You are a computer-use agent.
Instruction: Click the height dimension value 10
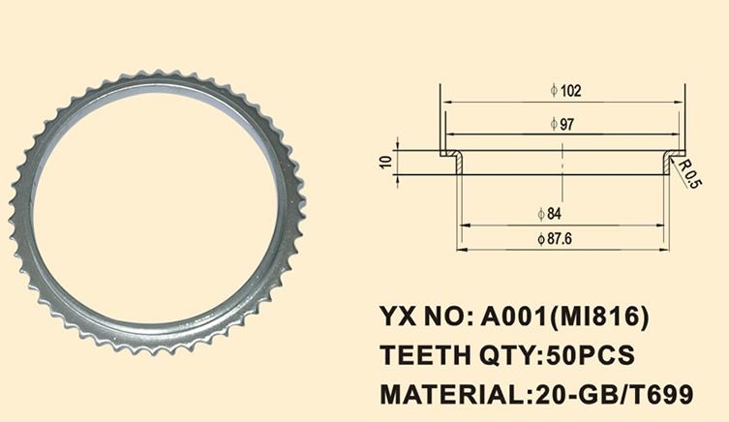(385, 162)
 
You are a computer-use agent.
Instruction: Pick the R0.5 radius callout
(689, 175)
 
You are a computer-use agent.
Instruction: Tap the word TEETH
(420, 355)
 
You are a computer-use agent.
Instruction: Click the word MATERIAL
(448, 394)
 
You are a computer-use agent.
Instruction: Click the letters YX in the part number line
(398, 316)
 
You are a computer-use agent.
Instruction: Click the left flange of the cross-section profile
(451, 156)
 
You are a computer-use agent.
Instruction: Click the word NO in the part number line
(443, 316)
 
